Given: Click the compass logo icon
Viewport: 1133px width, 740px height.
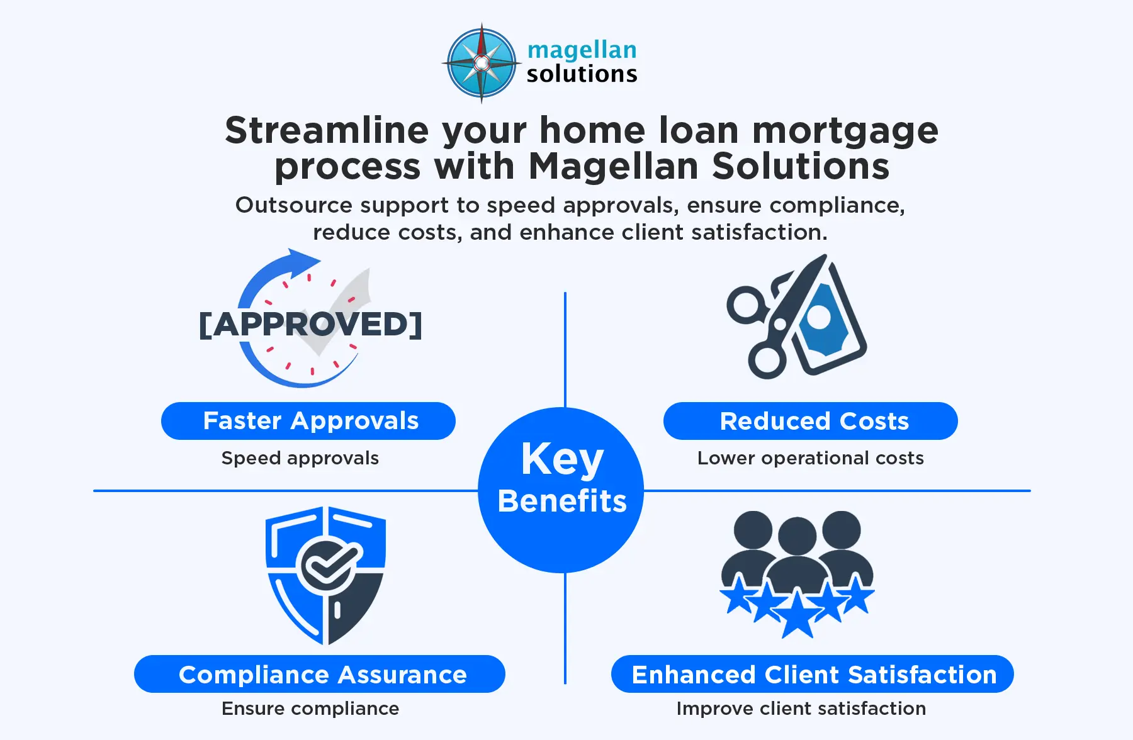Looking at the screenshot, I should (x=482, y=63).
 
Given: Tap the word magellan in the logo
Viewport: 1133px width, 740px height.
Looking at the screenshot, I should (x=582, y=50).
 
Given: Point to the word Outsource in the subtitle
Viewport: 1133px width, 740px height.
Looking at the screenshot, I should (x=293, y=205).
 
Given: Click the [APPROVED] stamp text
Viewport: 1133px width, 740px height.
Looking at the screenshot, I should (x=310, y=324).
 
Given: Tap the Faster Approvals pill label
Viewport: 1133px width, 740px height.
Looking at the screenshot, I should (x=308, y=421).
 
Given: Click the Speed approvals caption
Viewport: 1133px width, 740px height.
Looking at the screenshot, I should (x=300, y=458).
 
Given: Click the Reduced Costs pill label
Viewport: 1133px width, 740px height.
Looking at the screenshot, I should (x=811, y=421).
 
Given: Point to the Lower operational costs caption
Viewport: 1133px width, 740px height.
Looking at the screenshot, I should (x=811, y=458).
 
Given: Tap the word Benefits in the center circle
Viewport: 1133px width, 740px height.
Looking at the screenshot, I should (x=562, y=501).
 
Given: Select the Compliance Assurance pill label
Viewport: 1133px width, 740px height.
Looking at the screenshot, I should (x=320, y=674).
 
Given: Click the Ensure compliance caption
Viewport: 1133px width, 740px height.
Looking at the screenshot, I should (x=310, y=709).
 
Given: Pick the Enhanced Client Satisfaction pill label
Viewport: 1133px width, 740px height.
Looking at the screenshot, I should (x=813, y=674).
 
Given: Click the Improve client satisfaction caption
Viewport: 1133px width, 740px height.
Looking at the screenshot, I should (x=801, y=709).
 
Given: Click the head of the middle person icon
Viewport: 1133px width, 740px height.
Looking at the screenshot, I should (x=798, y=536).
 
